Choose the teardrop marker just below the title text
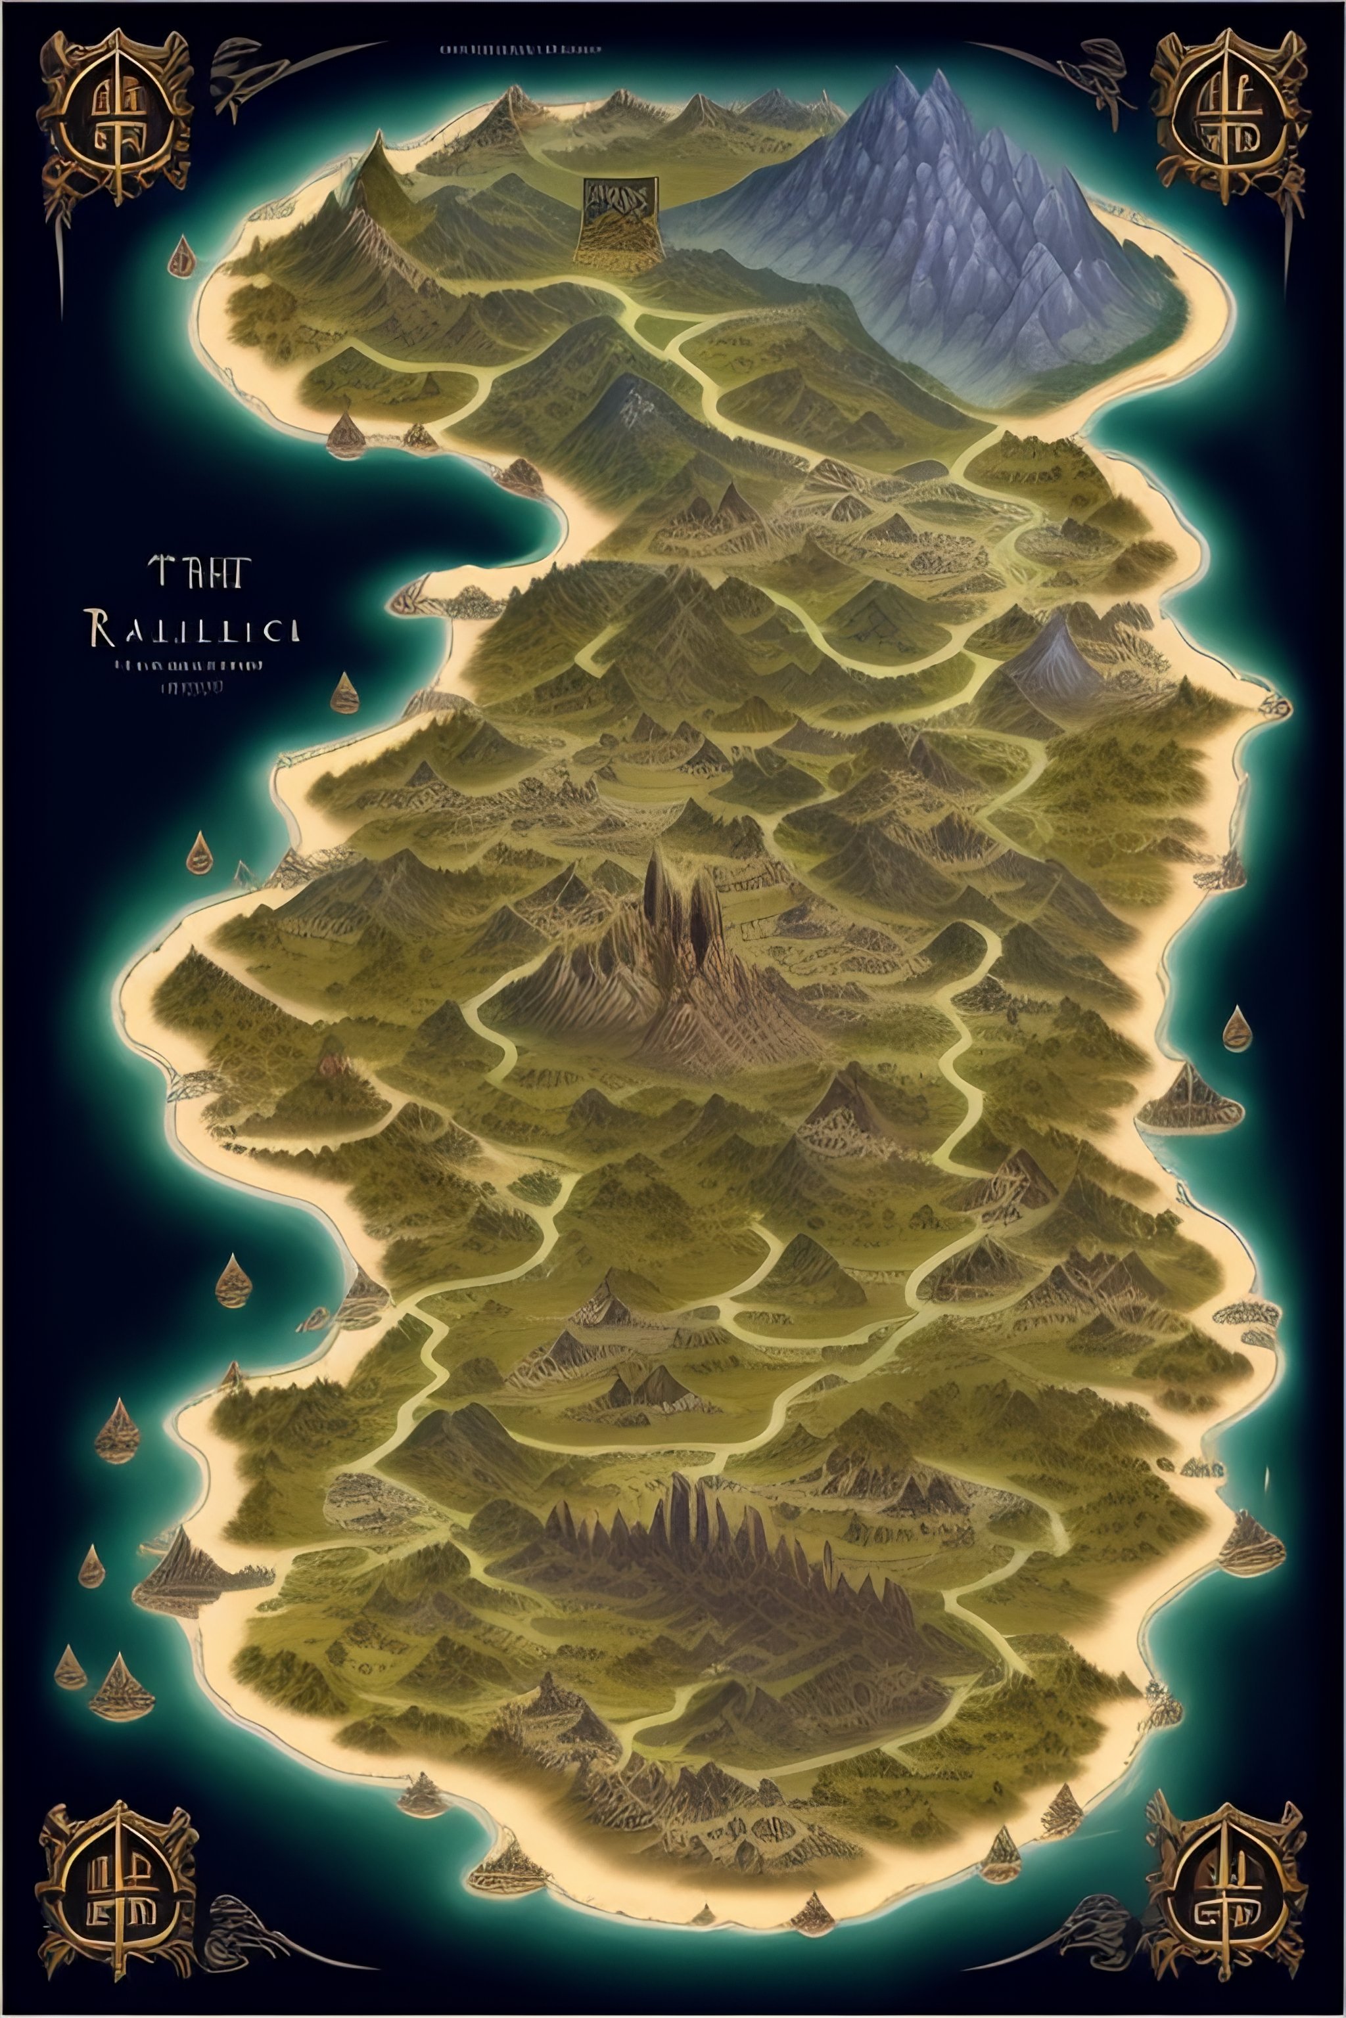point(345,693)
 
